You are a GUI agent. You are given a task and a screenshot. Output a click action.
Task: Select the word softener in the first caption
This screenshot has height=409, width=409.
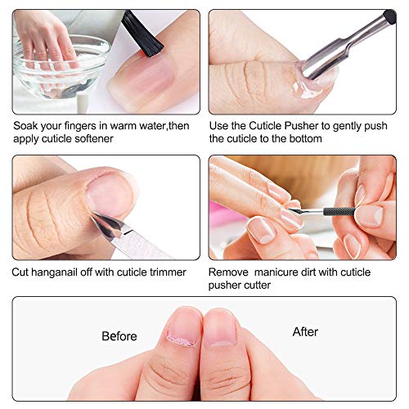point(112,138)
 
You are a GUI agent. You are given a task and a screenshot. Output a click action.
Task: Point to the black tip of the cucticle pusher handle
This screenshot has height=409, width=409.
point(389,16)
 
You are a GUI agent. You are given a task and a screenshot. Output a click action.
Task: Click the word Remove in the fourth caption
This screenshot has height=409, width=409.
point(228,272)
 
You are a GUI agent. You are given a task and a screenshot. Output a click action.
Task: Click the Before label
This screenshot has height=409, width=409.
point(119,336)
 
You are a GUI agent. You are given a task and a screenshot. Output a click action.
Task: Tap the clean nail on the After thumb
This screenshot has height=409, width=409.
point(220,327)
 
